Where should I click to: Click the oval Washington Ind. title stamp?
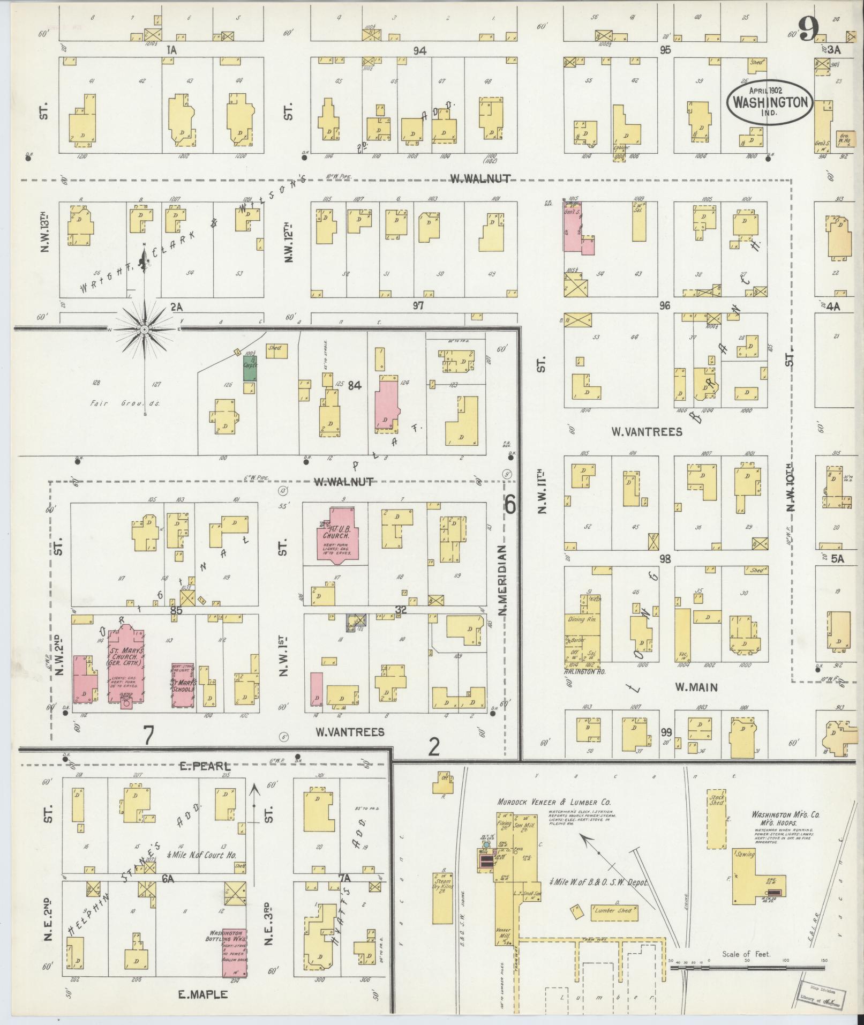770,102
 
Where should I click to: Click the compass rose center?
144,329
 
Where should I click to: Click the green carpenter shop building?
250,368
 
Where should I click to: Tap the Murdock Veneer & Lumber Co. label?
554,802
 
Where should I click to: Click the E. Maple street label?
203,994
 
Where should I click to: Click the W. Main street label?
696,687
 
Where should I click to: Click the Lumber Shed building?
614,911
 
